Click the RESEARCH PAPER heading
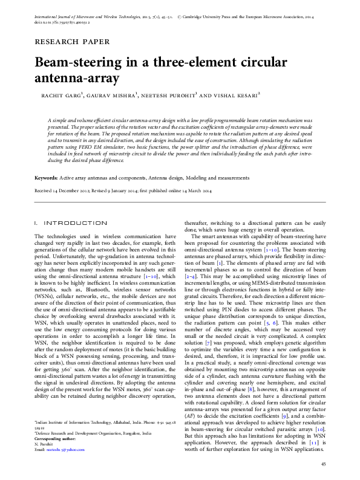point(73,42)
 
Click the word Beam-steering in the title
point(77,63)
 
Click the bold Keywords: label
point(46,179)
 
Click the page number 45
point(323,464)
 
